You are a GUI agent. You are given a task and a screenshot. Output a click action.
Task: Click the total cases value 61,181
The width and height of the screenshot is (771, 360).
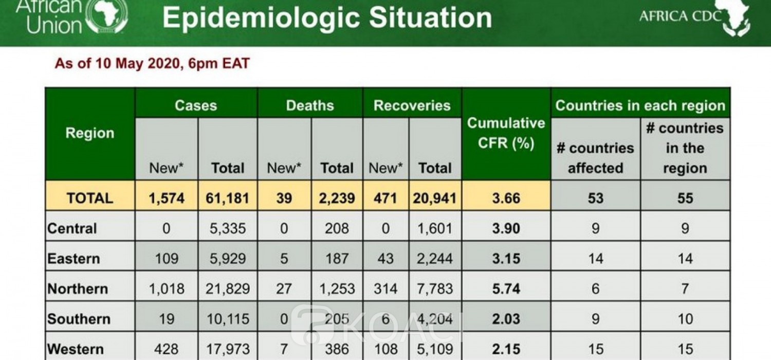pos(228,198)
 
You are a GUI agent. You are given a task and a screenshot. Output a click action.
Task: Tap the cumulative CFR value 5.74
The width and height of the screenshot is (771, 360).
pos(506,289)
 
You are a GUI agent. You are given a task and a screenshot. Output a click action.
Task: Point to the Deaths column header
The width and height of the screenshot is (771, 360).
pos(310,106)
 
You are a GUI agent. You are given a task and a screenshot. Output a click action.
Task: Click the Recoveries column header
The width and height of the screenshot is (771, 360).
pos(412,106)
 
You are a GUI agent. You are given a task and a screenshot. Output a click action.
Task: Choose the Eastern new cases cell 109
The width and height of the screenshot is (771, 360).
pos(166,258)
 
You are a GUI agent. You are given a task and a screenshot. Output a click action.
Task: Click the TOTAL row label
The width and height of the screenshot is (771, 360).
pos(89,198)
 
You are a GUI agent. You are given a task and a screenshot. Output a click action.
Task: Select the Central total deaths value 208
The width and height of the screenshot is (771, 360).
pos(337,228)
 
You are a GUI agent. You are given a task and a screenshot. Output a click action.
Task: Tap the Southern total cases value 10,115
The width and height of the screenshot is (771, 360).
pos(228,319)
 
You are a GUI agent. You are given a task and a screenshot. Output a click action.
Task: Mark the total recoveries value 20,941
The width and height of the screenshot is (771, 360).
pos(434,198)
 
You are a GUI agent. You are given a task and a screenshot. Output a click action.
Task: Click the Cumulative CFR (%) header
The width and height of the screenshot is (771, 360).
pos(506,133)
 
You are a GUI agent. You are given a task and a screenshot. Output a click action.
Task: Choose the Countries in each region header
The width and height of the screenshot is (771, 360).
pos(640,106)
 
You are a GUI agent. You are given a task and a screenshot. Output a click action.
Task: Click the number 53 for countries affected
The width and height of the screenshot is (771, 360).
pos(595,198)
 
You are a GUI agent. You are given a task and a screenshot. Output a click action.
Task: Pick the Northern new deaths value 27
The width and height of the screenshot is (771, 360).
pos(284,289)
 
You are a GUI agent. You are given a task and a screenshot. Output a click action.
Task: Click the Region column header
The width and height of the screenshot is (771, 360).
pos(89,133)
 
